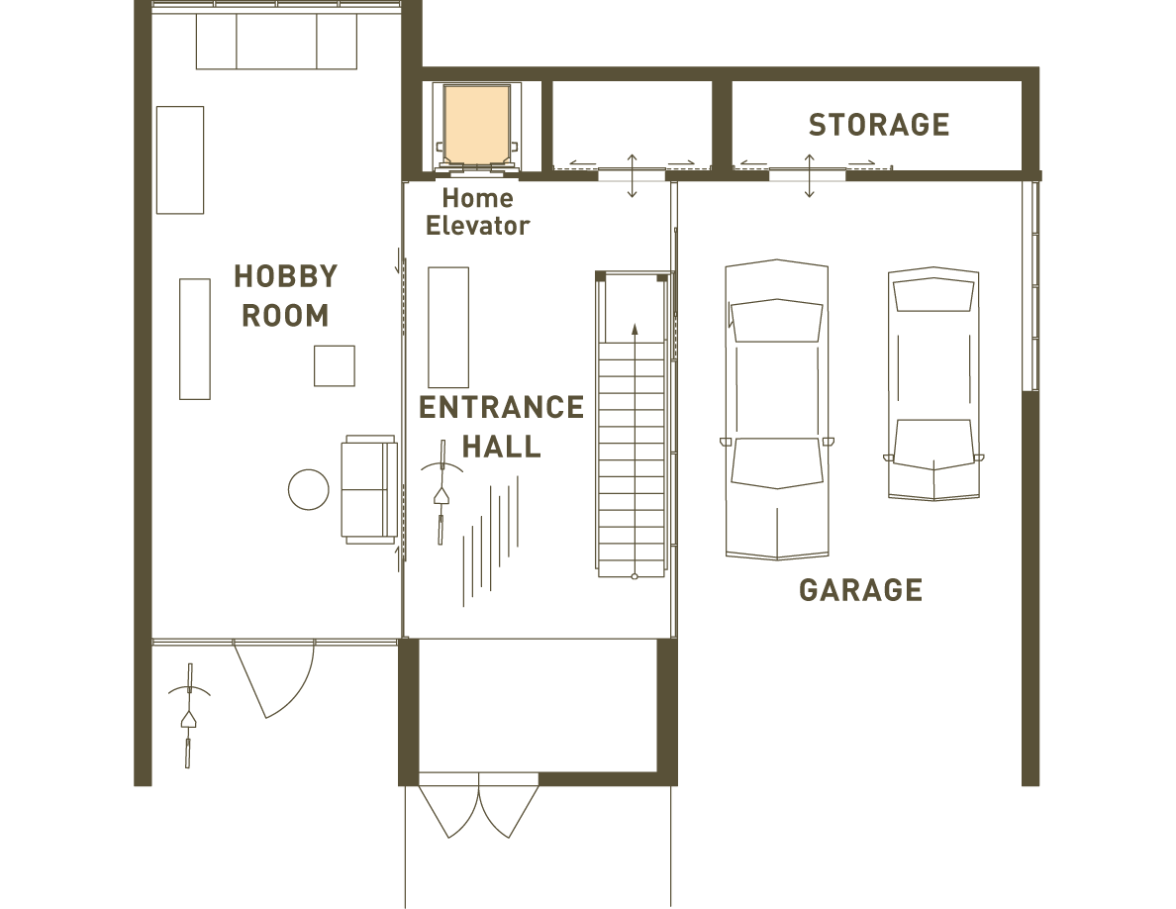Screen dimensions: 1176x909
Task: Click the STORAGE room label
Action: (879, 125)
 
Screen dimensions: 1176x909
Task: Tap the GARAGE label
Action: (861, 590)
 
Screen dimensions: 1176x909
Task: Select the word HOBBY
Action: (286, 276)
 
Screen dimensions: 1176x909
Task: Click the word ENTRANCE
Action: (501, 407)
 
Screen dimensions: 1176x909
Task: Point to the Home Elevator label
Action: (478, 212)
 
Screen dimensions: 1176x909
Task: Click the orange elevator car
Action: (477, 125)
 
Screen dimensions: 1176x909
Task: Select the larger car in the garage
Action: (776, 410)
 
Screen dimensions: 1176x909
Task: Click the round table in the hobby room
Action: (308, 489)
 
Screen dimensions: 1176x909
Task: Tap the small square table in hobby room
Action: (335, 365)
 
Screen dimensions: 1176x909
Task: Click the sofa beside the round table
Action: (369, 489)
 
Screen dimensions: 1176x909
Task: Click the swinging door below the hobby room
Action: (274, 678)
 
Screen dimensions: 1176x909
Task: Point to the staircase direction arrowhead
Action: (635, 329)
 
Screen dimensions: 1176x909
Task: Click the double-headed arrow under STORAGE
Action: (810, 175)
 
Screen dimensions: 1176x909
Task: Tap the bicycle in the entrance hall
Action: (441, 491)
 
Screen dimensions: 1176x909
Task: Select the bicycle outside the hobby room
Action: (189, 716)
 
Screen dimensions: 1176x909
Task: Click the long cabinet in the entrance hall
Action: (448, 327)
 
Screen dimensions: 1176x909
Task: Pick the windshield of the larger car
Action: (776, 320)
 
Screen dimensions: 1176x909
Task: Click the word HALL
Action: (501, 447)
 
